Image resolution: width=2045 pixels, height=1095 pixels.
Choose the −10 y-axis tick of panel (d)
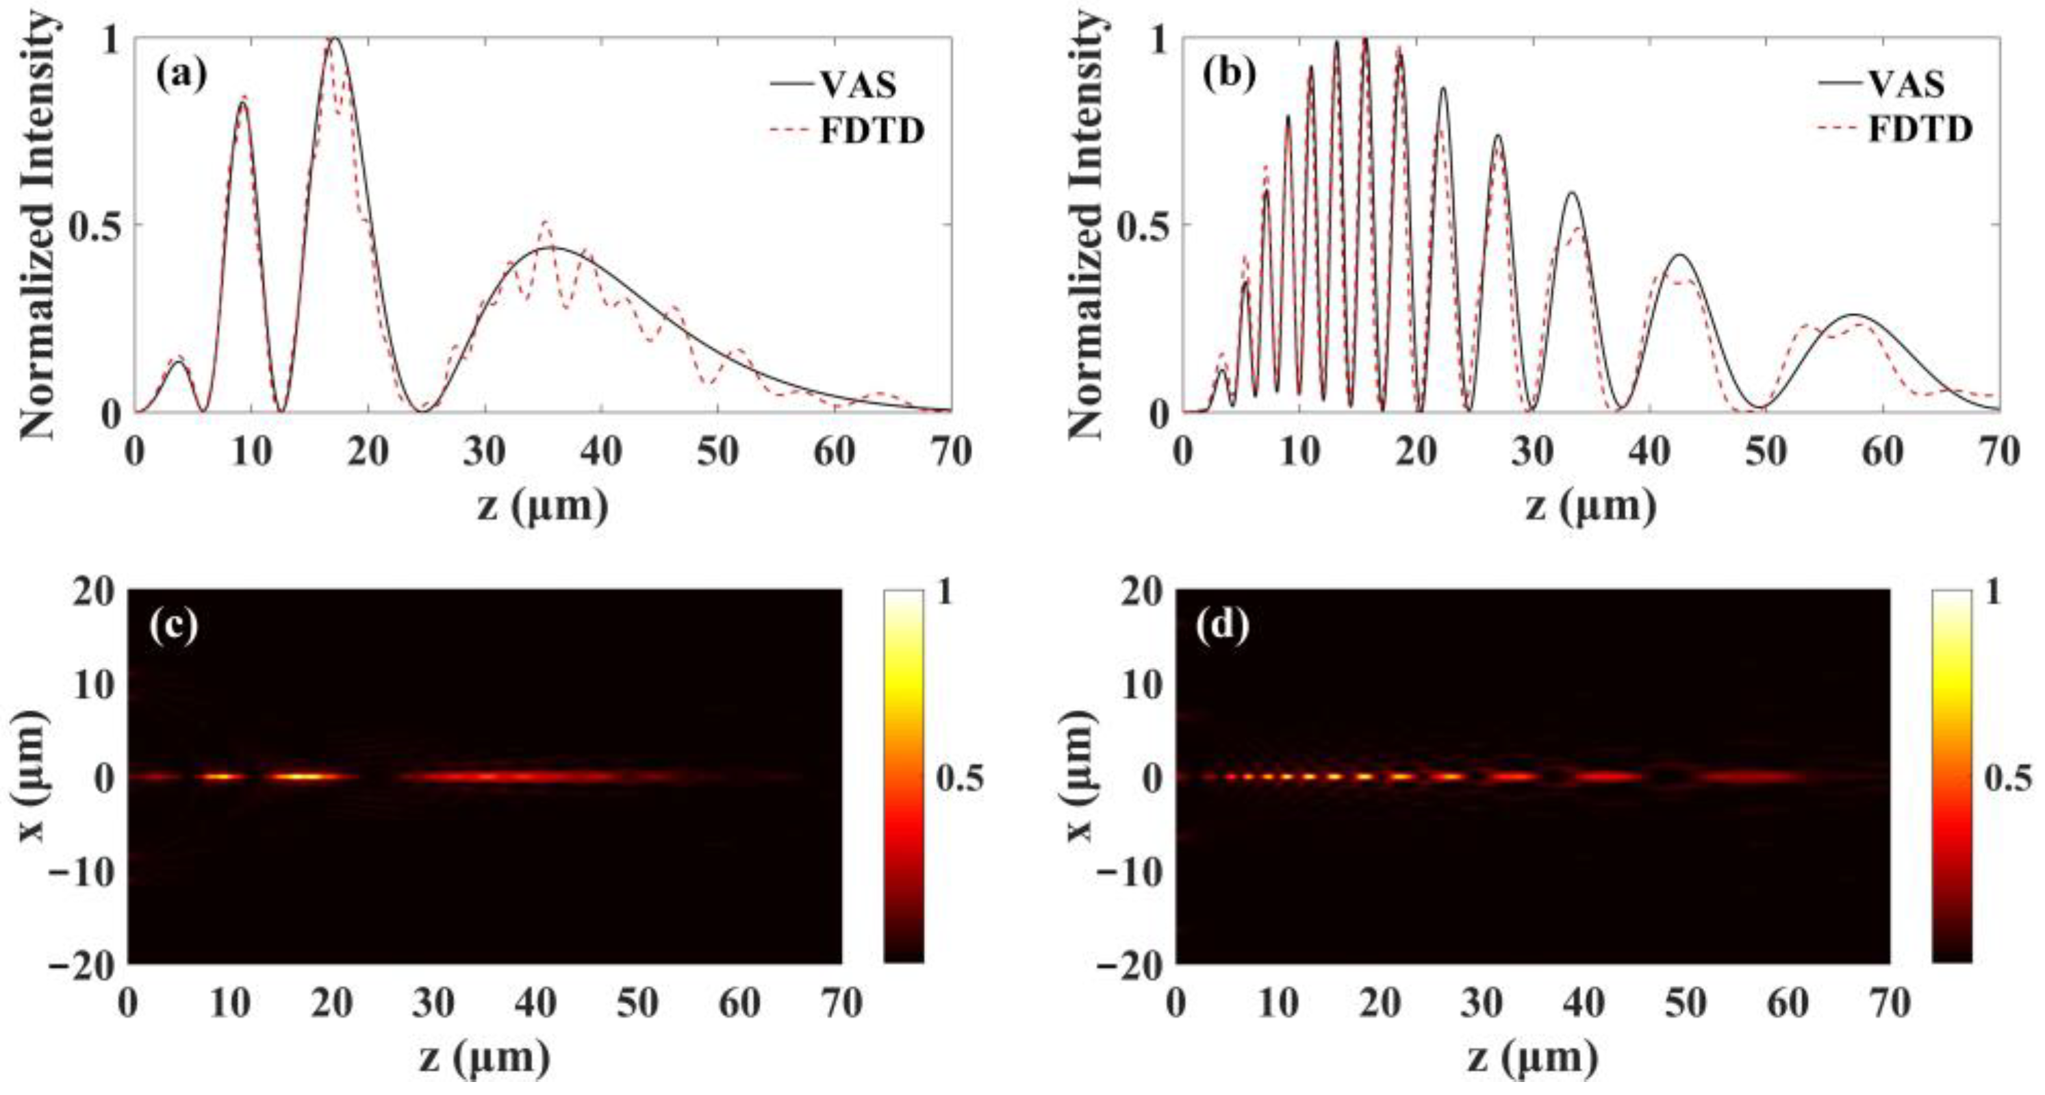1130,871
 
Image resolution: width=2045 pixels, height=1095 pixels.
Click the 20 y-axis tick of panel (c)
94,591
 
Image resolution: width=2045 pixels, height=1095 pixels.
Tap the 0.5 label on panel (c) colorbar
959,777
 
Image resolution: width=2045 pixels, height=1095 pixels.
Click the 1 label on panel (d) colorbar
1992,592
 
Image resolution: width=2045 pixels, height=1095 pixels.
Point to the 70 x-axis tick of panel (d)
1889,1005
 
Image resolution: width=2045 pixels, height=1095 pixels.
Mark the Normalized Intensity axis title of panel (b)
1086,225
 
